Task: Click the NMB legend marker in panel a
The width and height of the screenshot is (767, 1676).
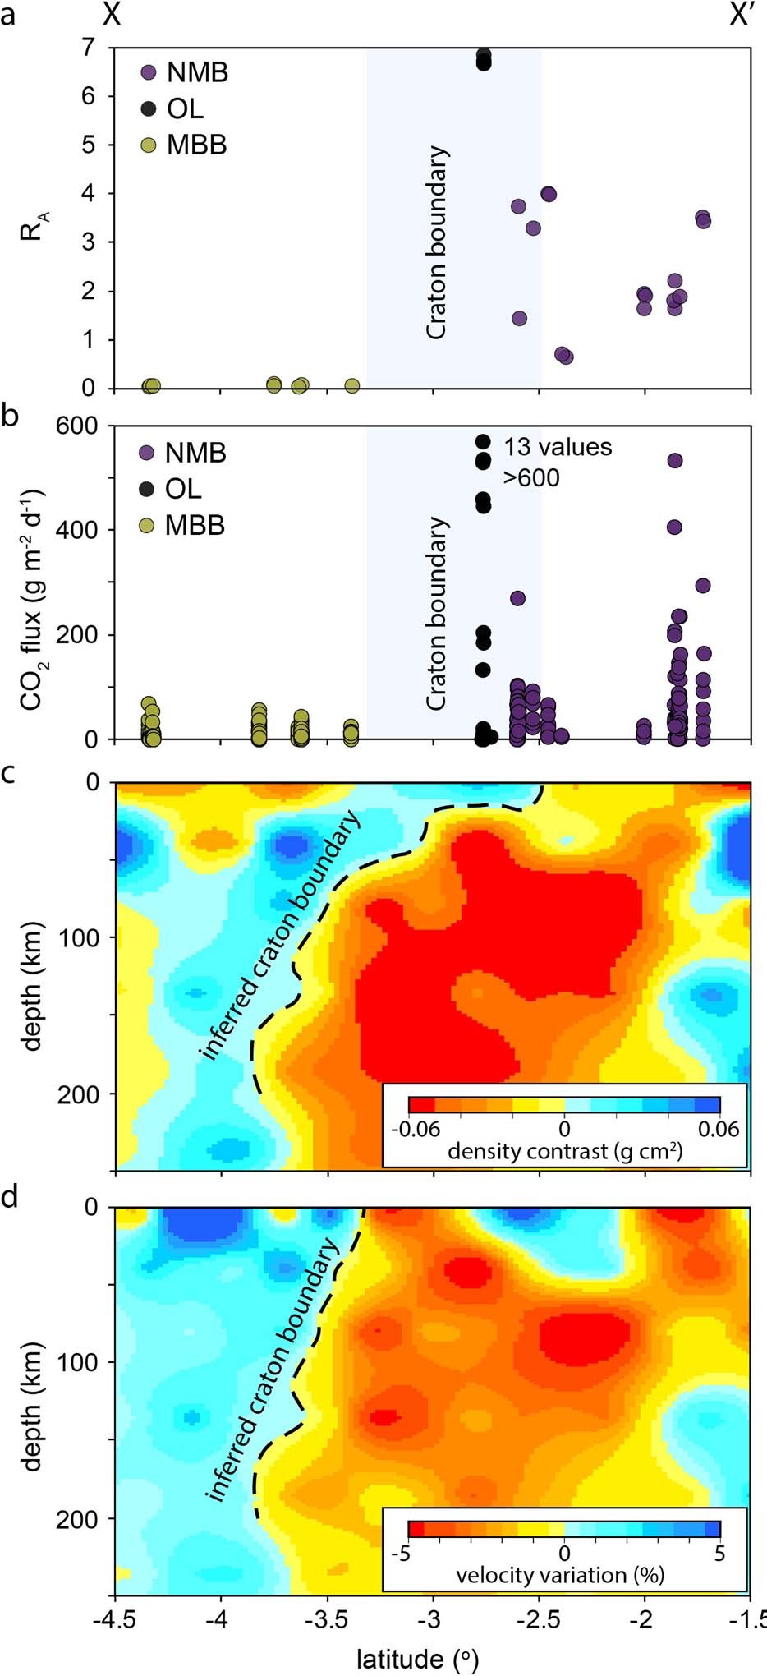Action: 149,72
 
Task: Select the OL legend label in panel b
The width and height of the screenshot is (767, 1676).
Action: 183,489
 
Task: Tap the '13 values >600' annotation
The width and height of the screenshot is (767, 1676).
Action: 558,462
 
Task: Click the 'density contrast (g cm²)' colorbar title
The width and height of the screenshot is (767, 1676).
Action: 565,1151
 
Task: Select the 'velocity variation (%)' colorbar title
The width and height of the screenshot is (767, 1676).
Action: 560,1574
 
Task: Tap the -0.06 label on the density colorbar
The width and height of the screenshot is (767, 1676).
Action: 416,1129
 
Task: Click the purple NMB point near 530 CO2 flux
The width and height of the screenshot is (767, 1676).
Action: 675,461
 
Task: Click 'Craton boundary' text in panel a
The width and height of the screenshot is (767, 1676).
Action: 436,242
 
